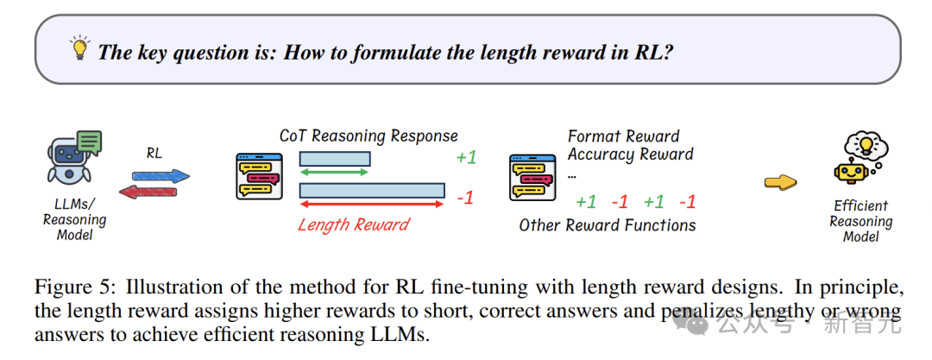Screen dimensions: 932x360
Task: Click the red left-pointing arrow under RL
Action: [148, 192]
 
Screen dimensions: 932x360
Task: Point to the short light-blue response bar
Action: [335, 158]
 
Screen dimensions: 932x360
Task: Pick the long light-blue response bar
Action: [372, 190]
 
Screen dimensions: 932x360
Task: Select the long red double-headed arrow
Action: [371, 204]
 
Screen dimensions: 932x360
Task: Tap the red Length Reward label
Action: [354, 224]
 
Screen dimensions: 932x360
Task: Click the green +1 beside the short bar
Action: [466, 158]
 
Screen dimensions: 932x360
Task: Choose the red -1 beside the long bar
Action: [465, 198]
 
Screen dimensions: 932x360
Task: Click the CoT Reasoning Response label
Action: [368, 136]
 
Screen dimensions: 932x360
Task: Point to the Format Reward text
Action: [624, 137]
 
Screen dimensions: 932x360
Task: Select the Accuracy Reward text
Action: [630, 155]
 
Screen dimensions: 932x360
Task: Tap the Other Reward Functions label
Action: [608, 224]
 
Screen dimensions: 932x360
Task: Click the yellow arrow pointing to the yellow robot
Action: [780, 182]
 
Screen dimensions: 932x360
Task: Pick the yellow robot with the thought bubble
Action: [859, 158]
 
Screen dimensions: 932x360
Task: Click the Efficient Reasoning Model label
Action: [861, 221]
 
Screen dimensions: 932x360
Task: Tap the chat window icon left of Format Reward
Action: [532, 176]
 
